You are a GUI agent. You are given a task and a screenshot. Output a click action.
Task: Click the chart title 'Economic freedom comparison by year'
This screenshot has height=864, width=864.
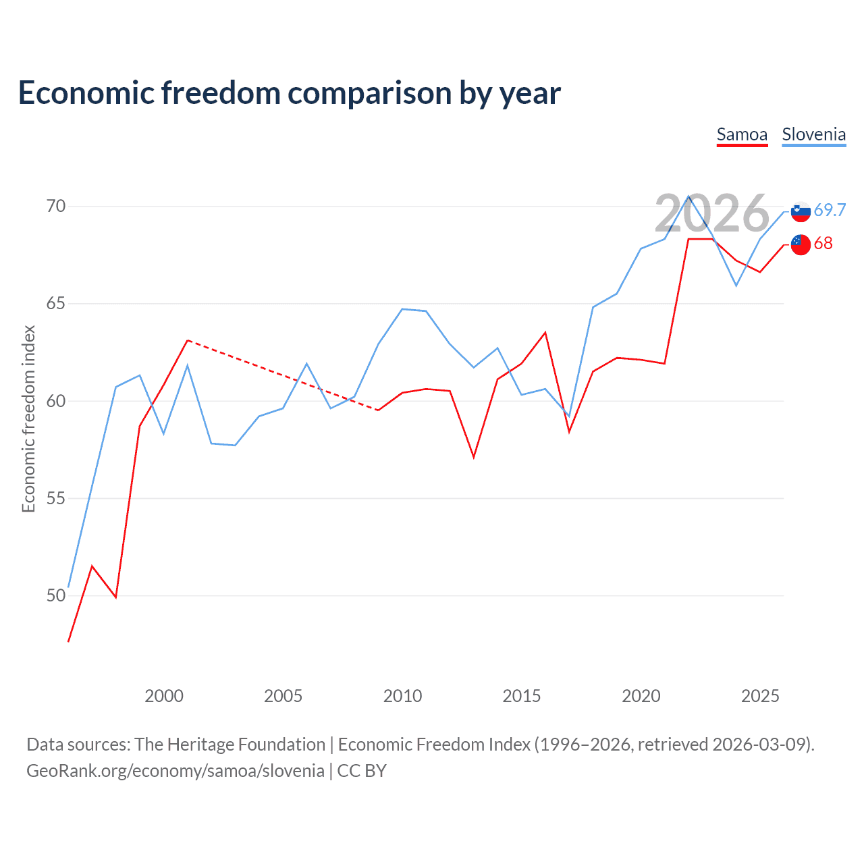click(290, 93)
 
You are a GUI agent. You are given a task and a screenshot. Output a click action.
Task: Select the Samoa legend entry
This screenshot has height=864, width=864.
click(742, 135)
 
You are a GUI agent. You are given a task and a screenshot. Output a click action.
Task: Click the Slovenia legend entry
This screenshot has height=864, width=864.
click(813, 135)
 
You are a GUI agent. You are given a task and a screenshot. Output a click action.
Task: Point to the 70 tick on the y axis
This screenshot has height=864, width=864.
click(56, 206)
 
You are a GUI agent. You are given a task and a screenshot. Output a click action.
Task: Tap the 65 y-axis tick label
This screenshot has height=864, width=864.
click(56, 304)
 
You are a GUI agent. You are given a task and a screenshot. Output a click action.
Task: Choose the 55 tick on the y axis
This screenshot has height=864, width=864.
click(56, 499)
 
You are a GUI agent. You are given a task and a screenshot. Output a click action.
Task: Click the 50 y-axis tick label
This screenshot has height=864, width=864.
click(56, 596)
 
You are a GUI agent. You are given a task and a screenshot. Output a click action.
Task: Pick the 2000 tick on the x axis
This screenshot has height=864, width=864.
click(164, 696)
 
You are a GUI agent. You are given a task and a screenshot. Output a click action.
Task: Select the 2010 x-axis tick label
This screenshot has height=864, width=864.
click(402, 696)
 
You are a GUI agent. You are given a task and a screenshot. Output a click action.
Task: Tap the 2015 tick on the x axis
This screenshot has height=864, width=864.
click(522, 696)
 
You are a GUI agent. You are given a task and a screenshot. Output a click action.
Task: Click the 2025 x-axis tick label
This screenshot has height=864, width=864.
click(760, 696)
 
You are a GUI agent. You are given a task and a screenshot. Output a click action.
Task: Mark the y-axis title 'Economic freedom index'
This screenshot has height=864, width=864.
click(29, 419)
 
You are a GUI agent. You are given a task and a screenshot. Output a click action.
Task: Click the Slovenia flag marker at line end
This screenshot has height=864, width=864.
click(801, 212)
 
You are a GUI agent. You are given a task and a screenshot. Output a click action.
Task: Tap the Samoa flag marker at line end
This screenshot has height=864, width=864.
click(801, 244)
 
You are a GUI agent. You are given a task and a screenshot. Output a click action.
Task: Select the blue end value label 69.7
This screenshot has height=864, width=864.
click(830, 211)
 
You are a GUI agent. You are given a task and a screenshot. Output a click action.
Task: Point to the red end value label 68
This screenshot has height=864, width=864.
click(823, 244)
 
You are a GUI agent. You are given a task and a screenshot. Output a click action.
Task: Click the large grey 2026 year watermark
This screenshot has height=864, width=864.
click(711, 214)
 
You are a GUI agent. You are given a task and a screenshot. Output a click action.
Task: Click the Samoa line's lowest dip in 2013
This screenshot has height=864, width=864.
click(474, 457)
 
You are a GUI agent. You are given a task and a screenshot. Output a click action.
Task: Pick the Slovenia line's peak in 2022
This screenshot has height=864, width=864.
click(688, 196)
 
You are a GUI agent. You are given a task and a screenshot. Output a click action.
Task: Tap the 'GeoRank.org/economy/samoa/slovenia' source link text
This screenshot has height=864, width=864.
click(175, 771)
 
